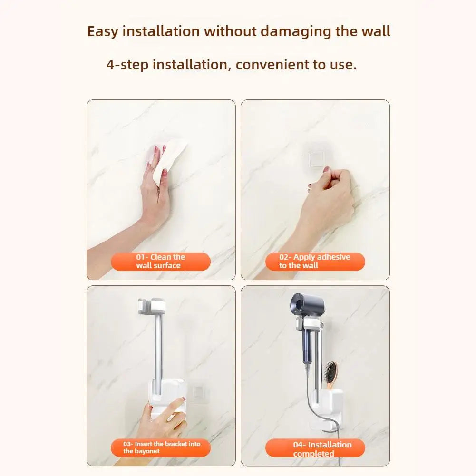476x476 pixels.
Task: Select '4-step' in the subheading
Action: (x=127, y=65)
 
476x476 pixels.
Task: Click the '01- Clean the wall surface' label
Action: (x=161, y=262)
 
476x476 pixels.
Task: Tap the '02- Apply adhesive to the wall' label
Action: (x=315, y=262)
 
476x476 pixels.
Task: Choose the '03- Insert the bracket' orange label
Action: (x=161, y=447)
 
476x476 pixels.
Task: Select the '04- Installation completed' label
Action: (x=315, y=448)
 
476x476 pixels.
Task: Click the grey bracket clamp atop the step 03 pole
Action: (x=152, y=306)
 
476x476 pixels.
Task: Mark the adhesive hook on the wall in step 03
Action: (x=198, y=393)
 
